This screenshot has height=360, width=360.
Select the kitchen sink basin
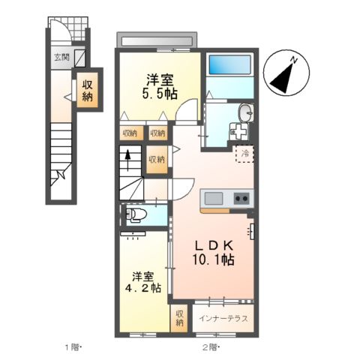click(214, 198)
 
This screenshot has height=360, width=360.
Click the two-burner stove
click(241, 198)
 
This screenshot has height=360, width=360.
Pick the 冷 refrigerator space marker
click(244, 154)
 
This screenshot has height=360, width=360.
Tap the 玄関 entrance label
click(60, 57)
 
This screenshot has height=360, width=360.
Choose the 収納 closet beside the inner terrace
click(180, 317)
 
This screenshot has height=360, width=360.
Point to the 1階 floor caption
click(72, 346)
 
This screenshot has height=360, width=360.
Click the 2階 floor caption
click(210, 346)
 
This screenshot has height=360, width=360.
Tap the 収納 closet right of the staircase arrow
click(157, 160)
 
